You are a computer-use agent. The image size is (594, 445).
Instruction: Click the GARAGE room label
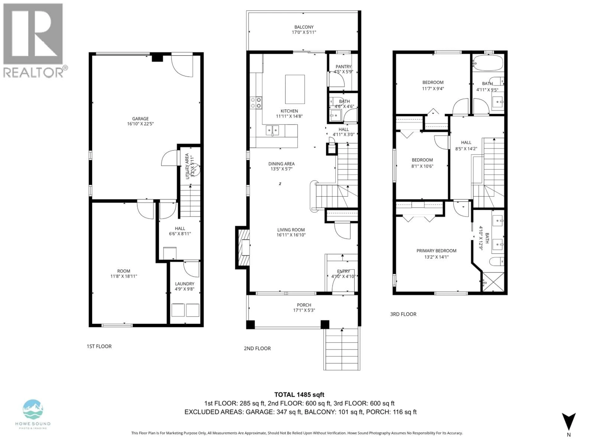click(140, 119)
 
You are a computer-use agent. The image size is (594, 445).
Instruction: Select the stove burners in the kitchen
click(256, 103)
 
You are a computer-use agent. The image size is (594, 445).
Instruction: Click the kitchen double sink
click(272, 131)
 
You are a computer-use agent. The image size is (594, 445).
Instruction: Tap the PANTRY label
click(343, 67)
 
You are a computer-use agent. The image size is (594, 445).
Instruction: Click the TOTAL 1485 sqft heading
click(299, 395)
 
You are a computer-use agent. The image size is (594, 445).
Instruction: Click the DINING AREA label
click(281, 164)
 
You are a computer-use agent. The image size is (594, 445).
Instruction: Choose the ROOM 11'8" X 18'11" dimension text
click(124, 276)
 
